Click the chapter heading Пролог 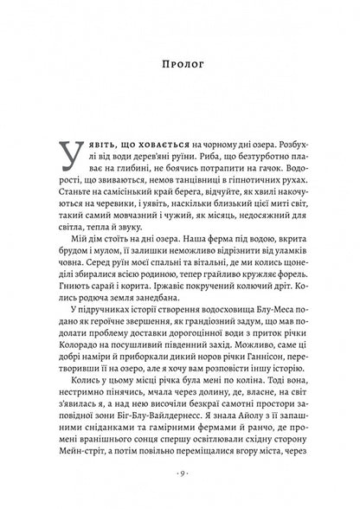tap(180, 63)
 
